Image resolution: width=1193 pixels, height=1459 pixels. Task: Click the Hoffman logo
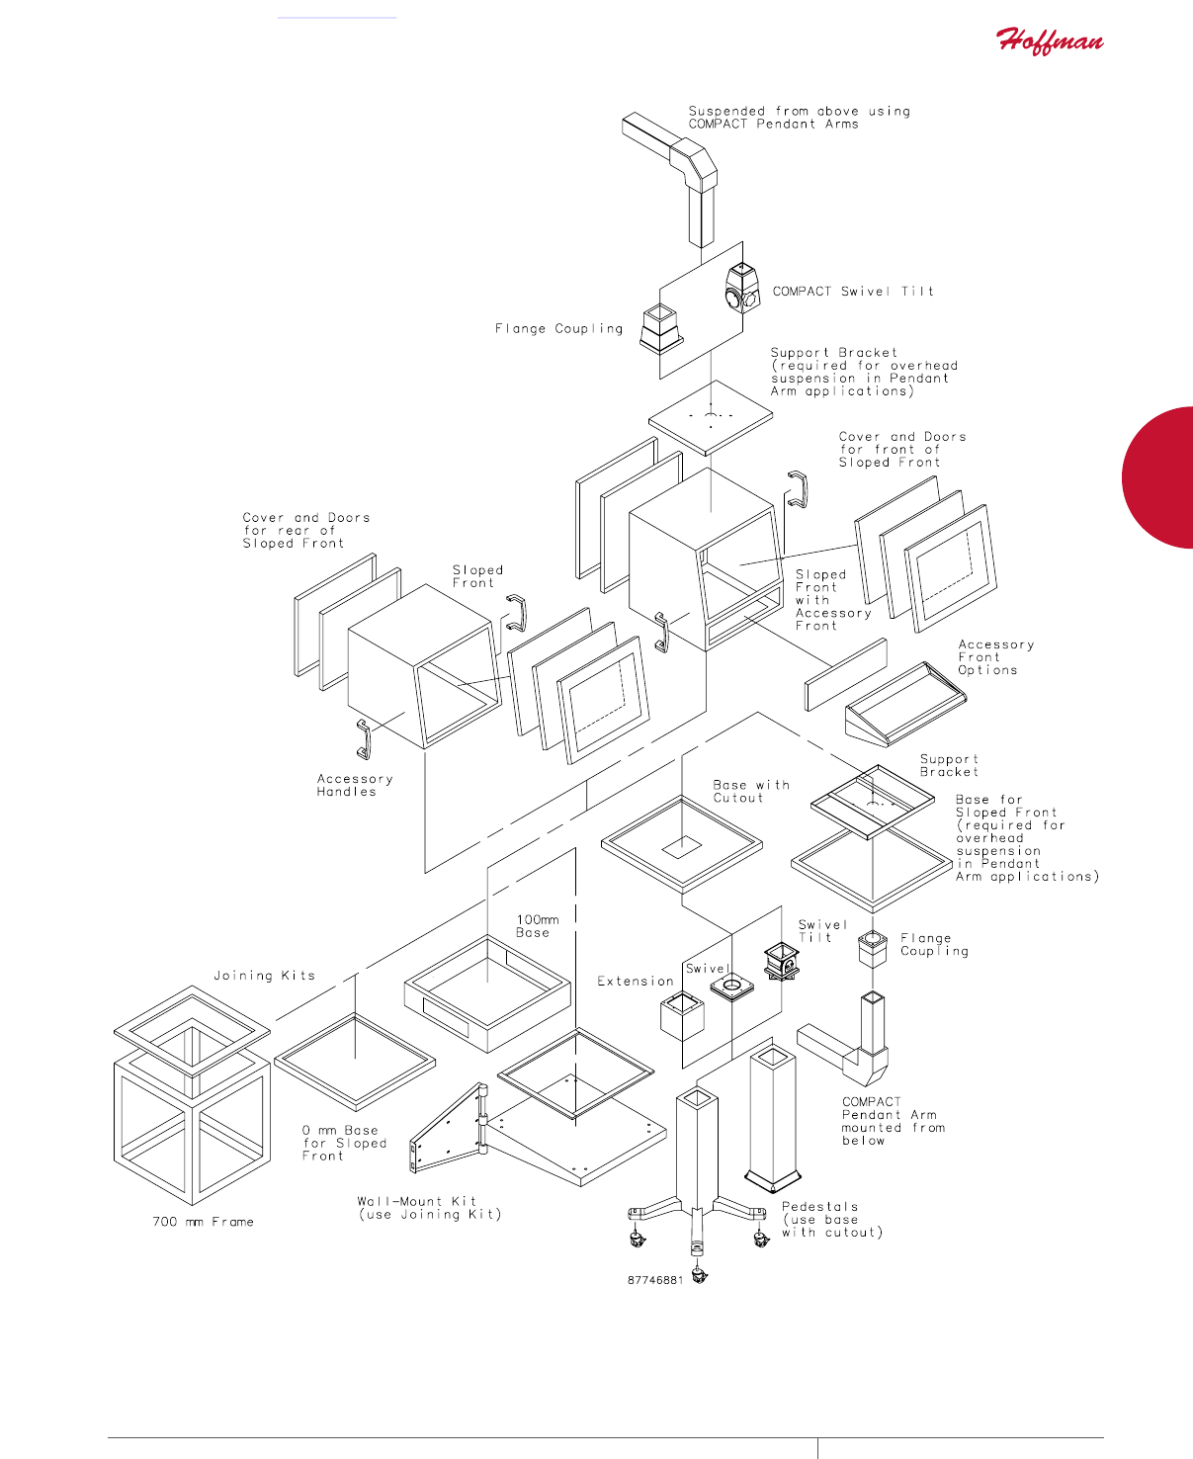1049,42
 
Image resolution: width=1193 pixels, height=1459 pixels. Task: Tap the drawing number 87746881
654,1280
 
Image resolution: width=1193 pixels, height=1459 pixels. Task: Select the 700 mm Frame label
203,1222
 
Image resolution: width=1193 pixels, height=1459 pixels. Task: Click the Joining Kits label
264,976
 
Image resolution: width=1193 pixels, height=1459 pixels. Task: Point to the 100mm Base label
537,926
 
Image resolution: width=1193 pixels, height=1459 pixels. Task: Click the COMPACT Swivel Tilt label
852,292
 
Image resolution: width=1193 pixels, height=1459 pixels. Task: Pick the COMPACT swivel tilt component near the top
741,289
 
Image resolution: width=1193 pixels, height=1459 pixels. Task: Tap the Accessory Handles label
354,785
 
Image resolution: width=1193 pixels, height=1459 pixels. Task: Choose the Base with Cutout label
751,791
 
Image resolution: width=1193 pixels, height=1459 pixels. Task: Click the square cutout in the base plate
681,847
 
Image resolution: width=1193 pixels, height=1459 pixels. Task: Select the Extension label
635,982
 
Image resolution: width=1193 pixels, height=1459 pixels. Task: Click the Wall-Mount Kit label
429,1208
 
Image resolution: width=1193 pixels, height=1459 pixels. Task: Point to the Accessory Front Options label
994,657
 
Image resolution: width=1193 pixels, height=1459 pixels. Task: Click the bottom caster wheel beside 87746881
701,1276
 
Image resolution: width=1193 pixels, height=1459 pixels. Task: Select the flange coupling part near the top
660,327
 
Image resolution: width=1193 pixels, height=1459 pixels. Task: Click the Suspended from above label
799,118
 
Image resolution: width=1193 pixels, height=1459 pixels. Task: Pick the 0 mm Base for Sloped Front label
344,1143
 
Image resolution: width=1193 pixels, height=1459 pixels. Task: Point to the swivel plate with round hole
731,987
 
